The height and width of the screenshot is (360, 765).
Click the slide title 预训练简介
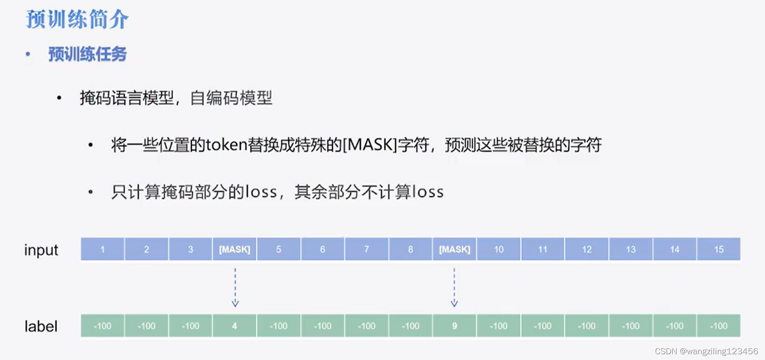pyautogui.click(x=77, y=20)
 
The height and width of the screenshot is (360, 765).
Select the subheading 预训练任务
pyautogui.click(x=87, y=54)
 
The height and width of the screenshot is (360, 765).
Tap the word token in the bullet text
pyautogui.click(x=226, y=145)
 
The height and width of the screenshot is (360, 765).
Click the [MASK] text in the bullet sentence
pyautogui.click(x=370, y=145)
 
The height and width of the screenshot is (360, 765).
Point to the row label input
pyautogui.click(x=41, y=250)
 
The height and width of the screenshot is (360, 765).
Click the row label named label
pyautogui.click(x=41, y=327)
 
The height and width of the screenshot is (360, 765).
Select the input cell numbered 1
pyautogui.click(x=103, y=249)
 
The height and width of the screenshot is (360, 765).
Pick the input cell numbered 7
pyautogui.click(x=366, y=249)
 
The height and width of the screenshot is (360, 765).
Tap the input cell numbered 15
pyautogui.click(x=718, y=249)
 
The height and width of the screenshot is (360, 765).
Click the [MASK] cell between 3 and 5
pyautogui.click(x=234, y=249)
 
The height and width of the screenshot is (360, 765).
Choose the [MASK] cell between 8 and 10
pyautogui.click(x=454, y=249)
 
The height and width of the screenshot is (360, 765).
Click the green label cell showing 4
pyautogui.click(x=234, y=326)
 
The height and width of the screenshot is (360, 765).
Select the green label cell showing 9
pyautogui.click(x=454, y=326)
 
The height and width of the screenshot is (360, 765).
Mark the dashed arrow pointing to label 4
pyautogui.click(x=235, y=287)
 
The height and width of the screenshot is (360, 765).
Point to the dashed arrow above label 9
pyautogui.click(x=454, y=287)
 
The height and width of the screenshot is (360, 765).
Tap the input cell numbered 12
pyautogui.click(x=587, y=249)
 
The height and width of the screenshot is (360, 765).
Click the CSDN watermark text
pyautogui.click(x=706, y=351)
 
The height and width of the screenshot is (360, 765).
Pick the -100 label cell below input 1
pyautogui.click(x=103, y=326)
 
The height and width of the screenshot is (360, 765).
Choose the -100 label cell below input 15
pyautogui.click(x=718, y=326)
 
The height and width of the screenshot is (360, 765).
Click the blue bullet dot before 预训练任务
pyautogui.click(x=28, y=54)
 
